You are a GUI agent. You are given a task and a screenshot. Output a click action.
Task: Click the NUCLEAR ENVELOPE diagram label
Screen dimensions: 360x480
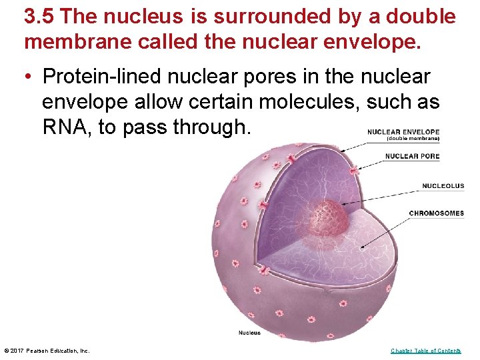pyautogui.click(x=403, y=132)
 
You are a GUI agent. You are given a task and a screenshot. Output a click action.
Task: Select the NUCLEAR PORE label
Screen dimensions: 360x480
pyautogui.click(x=412, y=157)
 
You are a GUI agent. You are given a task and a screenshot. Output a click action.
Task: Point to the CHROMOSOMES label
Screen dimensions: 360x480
pyautogui.click(x=436, y=213)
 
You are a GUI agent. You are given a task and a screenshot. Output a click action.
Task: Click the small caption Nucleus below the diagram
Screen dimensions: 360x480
pyautogui.click(x=249, y=333)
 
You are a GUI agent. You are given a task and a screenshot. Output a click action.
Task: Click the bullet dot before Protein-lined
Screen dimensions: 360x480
pyautogui.click(x=29, y=77)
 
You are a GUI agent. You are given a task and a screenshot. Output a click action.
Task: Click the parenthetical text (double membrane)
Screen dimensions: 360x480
pyautogui.click(x=413, y=139)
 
